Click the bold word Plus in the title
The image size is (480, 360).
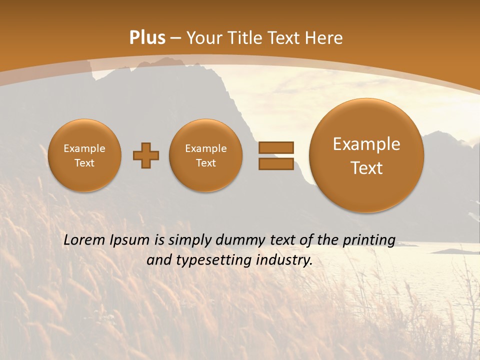click(147, 38)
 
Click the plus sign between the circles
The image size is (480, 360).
click(146, 155)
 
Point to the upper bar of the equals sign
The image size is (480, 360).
click(275, 147)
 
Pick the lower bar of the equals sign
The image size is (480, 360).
click(275, 163)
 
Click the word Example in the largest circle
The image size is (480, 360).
click(366, 144)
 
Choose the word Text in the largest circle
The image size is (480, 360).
click(366, 168)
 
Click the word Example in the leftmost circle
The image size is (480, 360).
click(84, 148)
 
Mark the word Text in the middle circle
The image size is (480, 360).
click(205, 163)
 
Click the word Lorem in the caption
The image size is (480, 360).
click(83, 240)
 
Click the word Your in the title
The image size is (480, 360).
click(204, 38)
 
